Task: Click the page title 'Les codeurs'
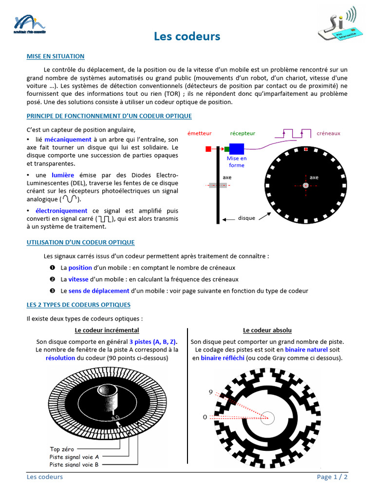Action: pos(187,36)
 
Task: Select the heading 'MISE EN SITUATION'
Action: pos(56,56)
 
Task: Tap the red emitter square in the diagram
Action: pos(208,149)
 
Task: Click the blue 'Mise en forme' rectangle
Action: pos(237,149)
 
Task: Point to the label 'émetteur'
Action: pos(199,133)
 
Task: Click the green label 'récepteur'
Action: pos(243,133)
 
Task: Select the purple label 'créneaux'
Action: pos(329,133)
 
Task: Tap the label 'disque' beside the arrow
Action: pos(246,218)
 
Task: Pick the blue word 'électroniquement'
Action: pos(61,211)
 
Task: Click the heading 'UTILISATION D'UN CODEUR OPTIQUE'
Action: pos(80,242)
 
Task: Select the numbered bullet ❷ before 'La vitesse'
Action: pos(52,280)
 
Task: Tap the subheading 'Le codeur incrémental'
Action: pos(107,330)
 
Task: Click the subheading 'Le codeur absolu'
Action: pos(267,330)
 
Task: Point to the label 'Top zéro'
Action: pos(62,449)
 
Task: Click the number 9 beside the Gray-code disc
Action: pos(211,392)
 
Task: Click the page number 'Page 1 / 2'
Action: pos(332,477)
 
